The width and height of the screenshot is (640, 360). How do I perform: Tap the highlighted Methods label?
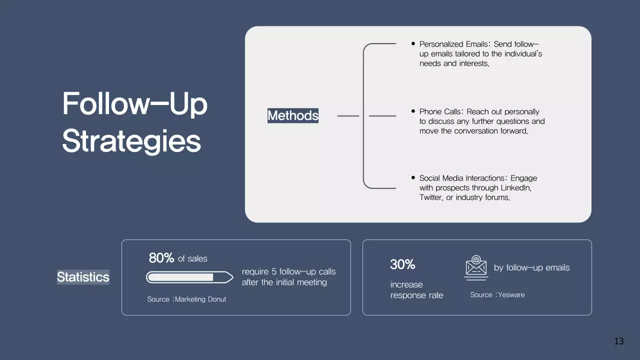click(x=293, y=115)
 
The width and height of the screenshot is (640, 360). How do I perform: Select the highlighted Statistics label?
click(x=83, y=277)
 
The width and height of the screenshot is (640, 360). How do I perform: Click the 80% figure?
click(x=161, y=258)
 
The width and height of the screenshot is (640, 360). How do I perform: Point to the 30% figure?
click(x=402, y=264)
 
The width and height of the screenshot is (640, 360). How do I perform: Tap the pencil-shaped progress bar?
click(x=189, y=277)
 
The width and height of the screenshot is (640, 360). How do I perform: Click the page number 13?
click(x=619, y=341)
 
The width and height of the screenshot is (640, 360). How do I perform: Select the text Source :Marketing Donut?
click(x=186, y=299)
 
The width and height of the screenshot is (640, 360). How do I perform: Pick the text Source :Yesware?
click(x=497, y=294)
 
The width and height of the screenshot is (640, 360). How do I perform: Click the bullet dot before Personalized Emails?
click(x=413, y=44)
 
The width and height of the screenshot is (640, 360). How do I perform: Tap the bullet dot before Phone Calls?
click(x=413, y=111)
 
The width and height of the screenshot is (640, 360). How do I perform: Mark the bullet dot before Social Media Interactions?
click(x=413, y=177)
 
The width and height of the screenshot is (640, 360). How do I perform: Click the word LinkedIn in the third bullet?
click(x=515, y=188)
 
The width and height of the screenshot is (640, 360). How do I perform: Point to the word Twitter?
click(x=430, y=197)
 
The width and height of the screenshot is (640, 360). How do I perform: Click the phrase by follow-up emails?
click(x=531, y=267)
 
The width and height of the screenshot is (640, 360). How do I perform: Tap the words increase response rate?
click(x=416, y=290)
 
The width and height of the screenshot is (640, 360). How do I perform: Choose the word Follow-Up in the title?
click(x=134, y=103)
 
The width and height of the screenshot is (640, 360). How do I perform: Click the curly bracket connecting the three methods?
click(x=364, y=116)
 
